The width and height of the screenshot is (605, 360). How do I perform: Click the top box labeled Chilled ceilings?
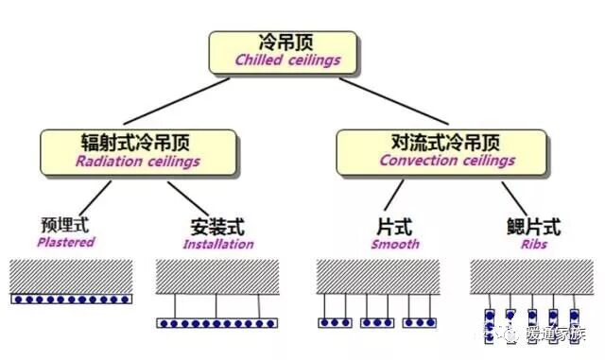(x=283, y=52)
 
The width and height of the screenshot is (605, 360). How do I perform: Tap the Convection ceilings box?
(x=441, y=151)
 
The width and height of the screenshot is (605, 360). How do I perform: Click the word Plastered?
(x=66, y=242)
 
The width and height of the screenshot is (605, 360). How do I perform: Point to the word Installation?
(x=218, y=244)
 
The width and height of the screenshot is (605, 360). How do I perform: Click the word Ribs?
(x=534, y=243)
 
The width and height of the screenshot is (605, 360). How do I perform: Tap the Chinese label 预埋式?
(x=64, y=226)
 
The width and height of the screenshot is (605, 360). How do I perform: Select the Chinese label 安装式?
(x=217, y=227)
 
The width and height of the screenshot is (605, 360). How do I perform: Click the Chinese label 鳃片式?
(x=534, y=227)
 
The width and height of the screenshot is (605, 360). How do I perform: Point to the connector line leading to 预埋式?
(x=94, y=196)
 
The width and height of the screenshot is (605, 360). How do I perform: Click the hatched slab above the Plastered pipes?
(x=70, y=275)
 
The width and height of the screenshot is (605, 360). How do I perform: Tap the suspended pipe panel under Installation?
(x=217, y=322)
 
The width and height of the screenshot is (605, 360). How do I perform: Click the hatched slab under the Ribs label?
(x=533, y=276)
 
